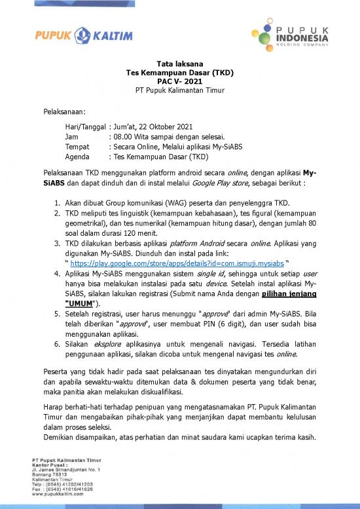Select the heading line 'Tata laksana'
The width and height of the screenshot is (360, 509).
(179, 63)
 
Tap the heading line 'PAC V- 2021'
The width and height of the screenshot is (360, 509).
(179, 81)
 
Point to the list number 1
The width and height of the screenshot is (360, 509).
(58, 202)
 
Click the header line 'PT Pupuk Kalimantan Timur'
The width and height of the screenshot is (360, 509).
(179, 90)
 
